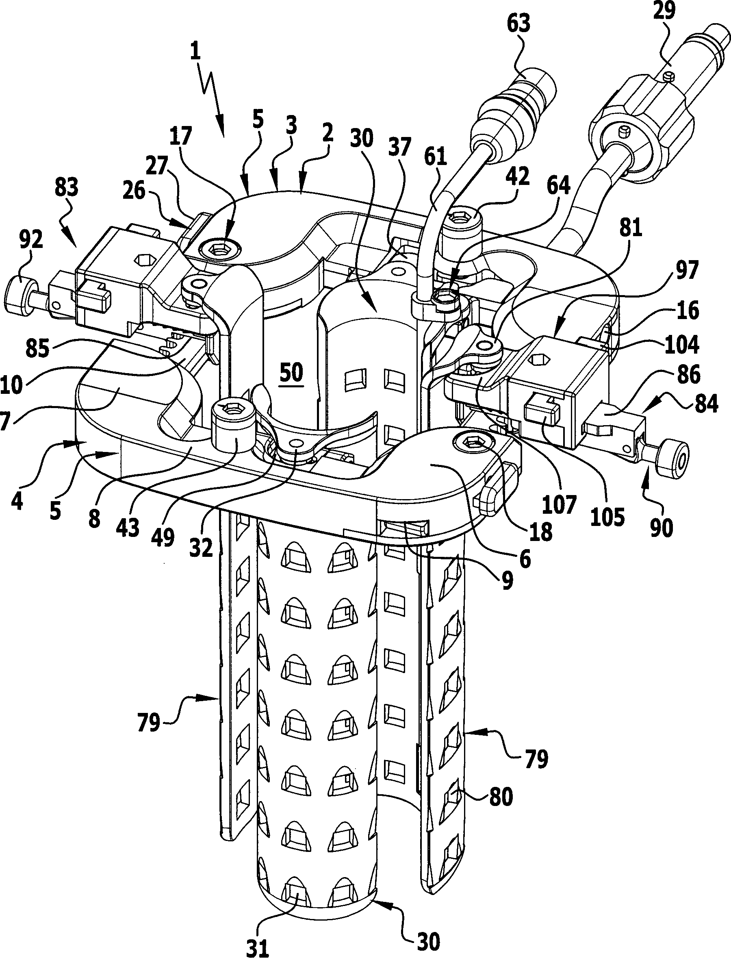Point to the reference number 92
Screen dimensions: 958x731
pos(31,240)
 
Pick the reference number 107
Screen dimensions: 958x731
pos(559,505)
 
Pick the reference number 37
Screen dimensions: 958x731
pos(399,148)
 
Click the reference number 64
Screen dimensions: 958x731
pos(558,186)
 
